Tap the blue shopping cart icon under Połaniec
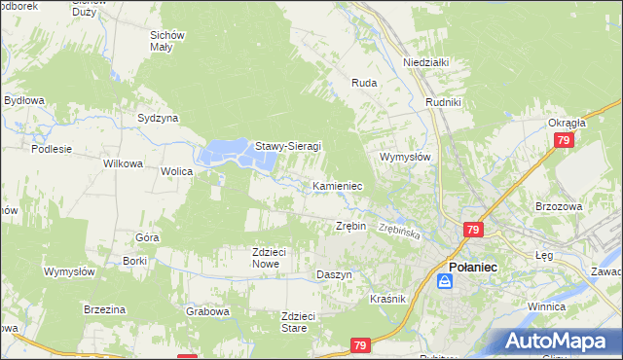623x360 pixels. point(445,281)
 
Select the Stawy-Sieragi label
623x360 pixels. point(288,147)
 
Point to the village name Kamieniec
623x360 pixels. point(338,185)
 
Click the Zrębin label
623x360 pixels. point(350,226)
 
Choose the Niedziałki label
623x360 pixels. point(425,62)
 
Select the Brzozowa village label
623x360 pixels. point(558,206)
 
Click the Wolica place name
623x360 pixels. point(177,171)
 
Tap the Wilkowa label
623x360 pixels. point(124,163)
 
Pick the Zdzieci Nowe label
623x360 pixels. point(269,258)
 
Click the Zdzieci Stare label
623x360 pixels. point(299,322)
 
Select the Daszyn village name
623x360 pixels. point(334,275)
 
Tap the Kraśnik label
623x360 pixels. point(387,299)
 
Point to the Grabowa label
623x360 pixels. point(207,312)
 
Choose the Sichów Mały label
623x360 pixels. point(167,41)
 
